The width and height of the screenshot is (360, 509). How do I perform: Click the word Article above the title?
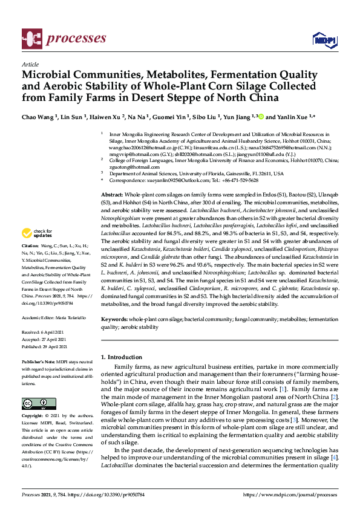pos(30,63)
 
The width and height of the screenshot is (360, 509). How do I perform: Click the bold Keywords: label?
pos(115,318)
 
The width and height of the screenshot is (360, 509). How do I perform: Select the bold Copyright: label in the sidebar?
pos(33,417)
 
